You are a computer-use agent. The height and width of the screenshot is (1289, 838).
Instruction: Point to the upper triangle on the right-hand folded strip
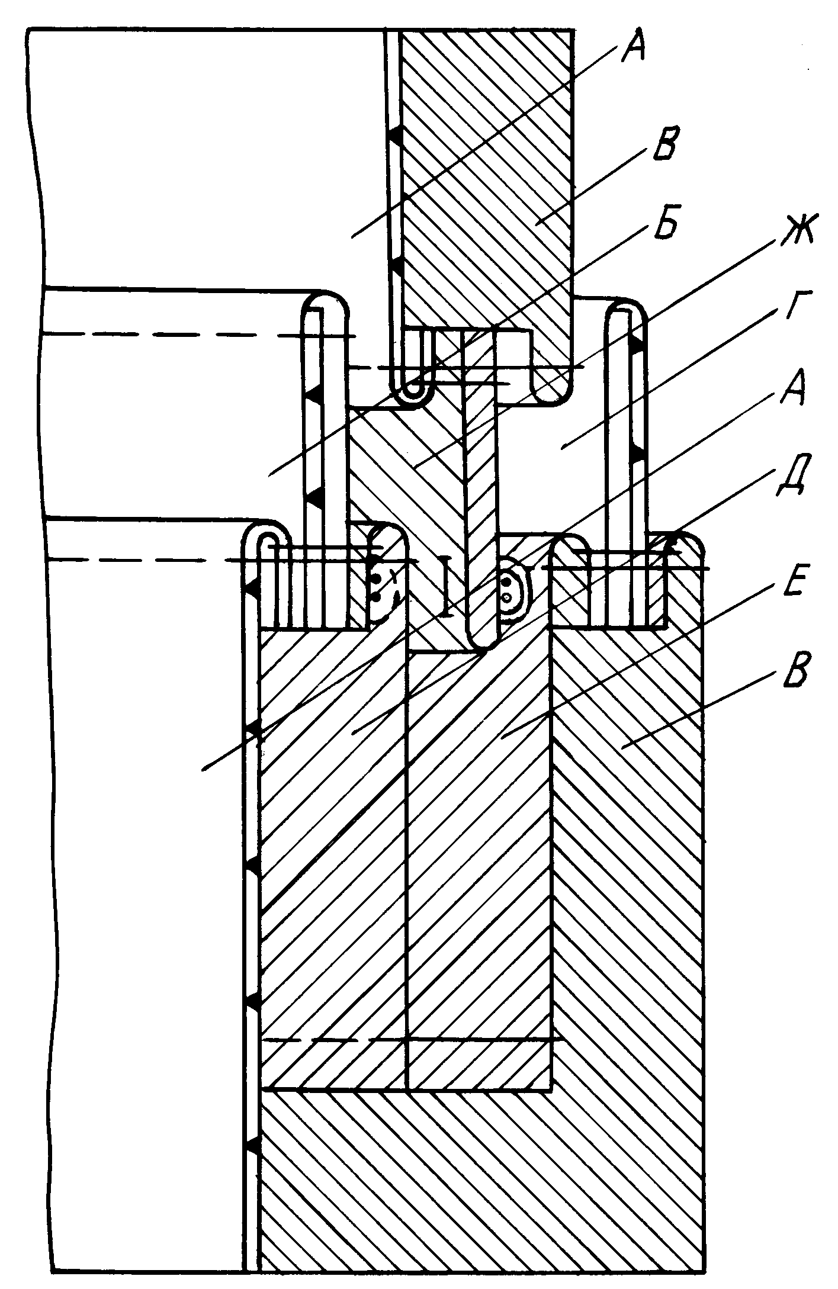pyautogui.click(x=638, y=343)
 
